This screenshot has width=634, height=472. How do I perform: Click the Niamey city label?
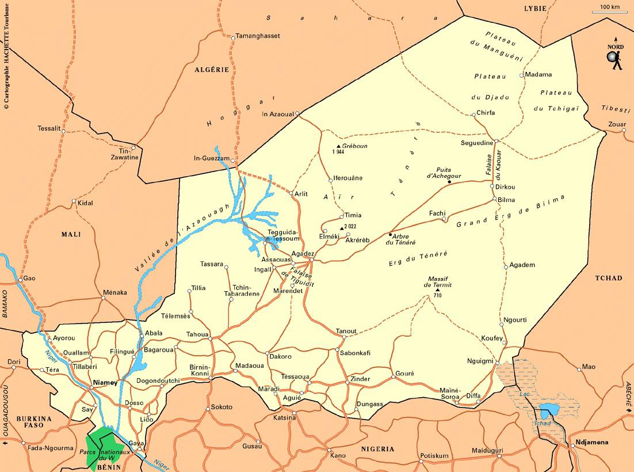pyautogui.click(x=105, y=382)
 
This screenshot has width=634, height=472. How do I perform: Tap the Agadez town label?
pyautogui.click(x=303, y=253)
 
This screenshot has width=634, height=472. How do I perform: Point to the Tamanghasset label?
pyautogui.click(x=258, y=36)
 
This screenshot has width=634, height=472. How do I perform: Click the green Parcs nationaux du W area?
pyautogui.click(x=104, y=446)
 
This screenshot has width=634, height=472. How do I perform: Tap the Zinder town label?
pyautogui.click(x=360, y=379)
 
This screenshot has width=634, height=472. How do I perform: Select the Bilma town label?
pyautogui.click(x=506, y=200)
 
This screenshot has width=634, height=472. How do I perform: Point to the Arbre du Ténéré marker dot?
pyautogui.click(x=391, y=235)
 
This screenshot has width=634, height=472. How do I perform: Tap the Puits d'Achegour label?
pyautogui.click(x=444, y=173)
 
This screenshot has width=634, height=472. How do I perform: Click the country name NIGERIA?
pyautogui.click(x=377, y=448)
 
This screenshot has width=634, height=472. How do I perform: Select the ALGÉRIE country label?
pyautogui.click(x=212, y=70)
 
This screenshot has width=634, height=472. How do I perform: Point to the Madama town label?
pyautogui.click(x=538, y=74)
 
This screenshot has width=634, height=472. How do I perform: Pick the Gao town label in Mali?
pyautogui.click(x=29, y=278)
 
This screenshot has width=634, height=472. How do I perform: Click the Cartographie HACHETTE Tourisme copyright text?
pyautogui.click(x=6, y=55)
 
